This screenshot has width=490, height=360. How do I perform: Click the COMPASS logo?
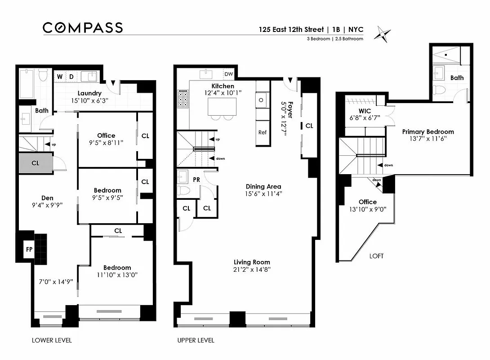tap(82, 28)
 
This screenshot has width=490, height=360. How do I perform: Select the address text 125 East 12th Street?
tap(291, 30)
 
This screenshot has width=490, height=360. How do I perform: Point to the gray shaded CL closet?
tap(36, 163)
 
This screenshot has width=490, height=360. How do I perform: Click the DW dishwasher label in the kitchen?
tap(229, 74)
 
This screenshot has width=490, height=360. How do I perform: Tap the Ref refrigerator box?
tap(263, 132)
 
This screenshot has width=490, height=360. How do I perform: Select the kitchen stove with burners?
tap(183, 99)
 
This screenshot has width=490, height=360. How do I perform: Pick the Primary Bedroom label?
tap(428, 132)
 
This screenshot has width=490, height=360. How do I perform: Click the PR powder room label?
tap(196, 179)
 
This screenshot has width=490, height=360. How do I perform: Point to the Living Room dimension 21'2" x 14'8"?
tap(252, 270)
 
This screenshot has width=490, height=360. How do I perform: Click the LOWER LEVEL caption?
tap(52, 340)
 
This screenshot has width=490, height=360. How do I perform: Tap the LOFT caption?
tap(376, 256)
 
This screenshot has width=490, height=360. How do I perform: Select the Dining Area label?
tap(263, 186)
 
